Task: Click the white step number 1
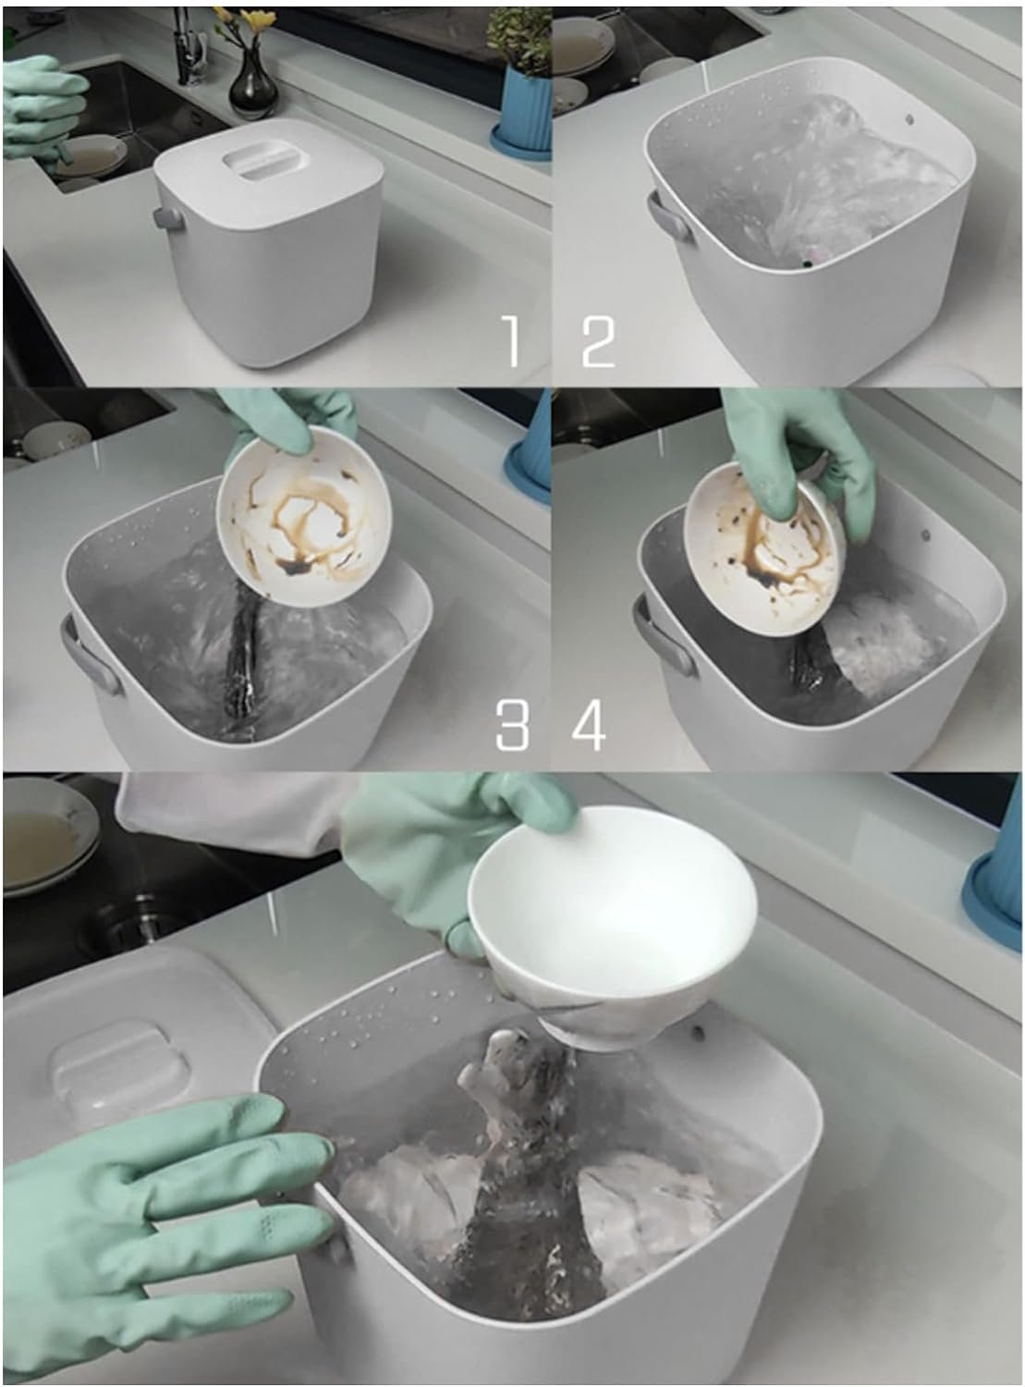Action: [510, 341]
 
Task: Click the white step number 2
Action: [598, 341]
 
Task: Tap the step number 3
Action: [512, 725]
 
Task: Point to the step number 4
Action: [589, 725]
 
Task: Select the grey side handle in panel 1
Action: [167, 218]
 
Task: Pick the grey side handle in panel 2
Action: [669, 215]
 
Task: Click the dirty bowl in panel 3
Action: [304, 517]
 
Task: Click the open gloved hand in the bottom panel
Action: [156, 1226]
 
